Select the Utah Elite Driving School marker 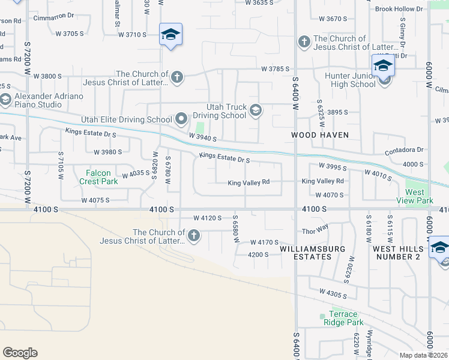click(181, 119)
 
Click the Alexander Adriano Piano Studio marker click(5, 99)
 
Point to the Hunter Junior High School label click(350, 80)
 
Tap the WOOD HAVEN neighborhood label click(320, 135)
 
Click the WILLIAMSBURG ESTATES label click(305, 253)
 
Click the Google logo click(20, 353)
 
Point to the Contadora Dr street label click(405, 149)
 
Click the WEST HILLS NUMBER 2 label click(396, 253)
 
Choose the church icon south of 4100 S click(193, 236)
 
